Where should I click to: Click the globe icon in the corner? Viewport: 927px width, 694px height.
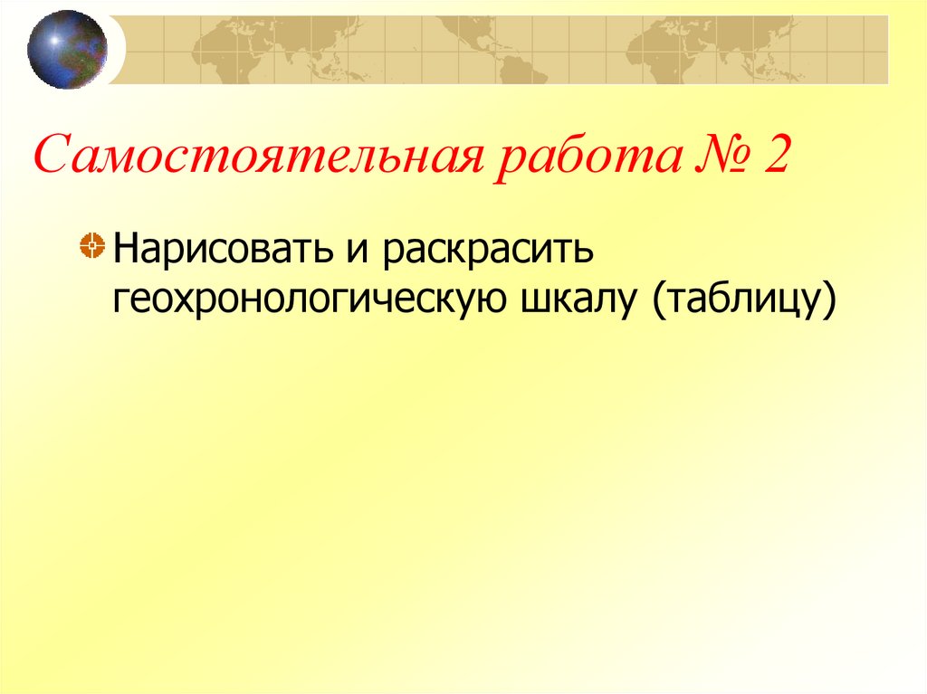tap(67, 49)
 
